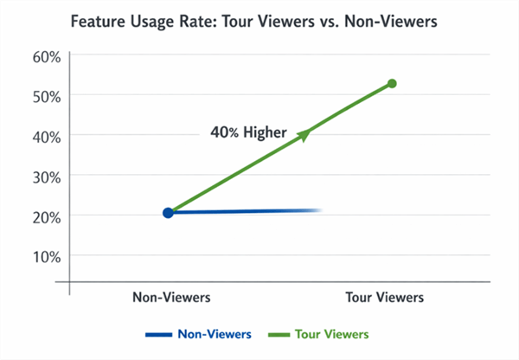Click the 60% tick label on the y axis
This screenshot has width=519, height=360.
(45, 57)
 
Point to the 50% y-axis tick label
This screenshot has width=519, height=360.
(45, 95)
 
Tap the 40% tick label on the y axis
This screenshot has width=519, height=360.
(45, 135)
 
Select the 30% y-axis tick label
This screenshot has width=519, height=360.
(45, 175)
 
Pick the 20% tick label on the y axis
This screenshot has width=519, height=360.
(45, 215)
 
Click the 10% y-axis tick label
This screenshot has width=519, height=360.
(45, 255)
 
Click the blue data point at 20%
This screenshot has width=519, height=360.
(168, 212)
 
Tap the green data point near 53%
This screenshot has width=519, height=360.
(392, 84)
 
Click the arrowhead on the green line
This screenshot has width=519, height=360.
(304, 134)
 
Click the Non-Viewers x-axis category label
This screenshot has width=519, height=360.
(171, 297)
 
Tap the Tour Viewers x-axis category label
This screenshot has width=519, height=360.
(386, 297)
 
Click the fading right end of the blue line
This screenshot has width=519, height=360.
(316, 210)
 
